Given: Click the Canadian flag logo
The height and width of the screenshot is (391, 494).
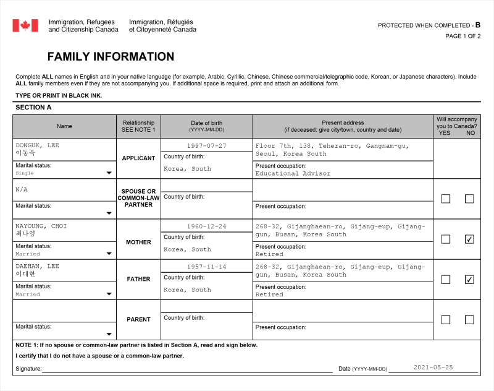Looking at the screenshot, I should pyautogui.click(x=25, y=25).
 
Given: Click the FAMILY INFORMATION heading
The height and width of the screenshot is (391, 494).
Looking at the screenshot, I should pyautogui.click(x=111, y=57).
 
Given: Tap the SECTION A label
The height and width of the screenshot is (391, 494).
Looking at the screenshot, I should pyautogui.click(x=33, y=107).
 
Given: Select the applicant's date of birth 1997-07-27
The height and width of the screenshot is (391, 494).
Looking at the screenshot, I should pyautogui.click(x=206, y=145).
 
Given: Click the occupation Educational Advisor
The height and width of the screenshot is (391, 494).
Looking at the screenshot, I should pyautogui.click(x=293, y=173).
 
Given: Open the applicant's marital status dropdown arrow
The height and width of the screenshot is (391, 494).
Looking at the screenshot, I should pyautogui.click(x=109, y=173).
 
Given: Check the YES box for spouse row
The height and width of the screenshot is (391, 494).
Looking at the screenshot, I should pyautogui.click(x=446, y=199).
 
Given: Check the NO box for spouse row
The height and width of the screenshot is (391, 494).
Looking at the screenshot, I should pyautogui.click(x=469, y=199).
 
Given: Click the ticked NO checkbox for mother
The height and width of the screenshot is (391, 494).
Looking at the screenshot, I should pyautogui.click(x=469, y=239).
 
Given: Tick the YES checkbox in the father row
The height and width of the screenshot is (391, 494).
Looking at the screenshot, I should pyautogui.click(x=446, y=279).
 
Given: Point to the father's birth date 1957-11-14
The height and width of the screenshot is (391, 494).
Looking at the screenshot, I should pyautogui.click(x=206, y=266).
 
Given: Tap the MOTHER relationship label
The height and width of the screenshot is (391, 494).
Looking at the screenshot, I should pyautogui.click(x=138, y=242).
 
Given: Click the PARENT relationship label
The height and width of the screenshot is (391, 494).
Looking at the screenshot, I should pyautogui.click(x=138, y=319).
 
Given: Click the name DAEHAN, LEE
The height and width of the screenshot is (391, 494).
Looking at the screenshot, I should pyautogui.click(x=37, y=266).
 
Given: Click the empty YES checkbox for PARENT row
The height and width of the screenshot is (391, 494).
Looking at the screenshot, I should pyautogui.click(x=446, y=320).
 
